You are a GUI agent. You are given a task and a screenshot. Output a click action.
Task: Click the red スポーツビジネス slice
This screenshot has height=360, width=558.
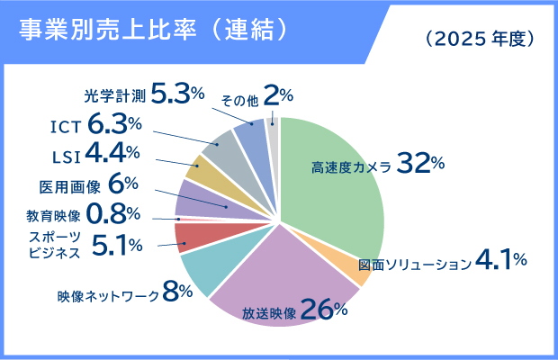click(192, 237)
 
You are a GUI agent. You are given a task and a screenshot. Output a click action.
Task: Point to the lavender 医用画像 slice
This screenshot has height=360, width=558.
click(194, 197)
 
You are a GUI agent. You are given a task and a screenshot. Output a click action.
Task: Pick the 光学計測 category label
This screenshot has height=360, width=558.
click(117, 93)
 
